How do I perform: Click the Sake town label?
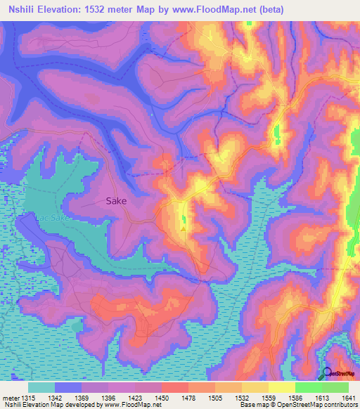coord(116,200)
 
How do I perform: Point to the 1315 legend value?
coord(28,396)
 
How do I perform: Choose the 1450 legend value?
coord(162,396)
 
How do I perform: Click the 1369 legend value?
coord(82,396)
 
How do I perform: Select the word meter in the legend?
coord(10,396)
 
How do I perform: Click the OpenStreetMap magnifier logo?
coord(328,373)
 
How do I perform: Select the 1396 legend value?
coord(108,396)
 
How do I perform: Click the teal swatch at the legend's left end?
coord(41,387)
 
